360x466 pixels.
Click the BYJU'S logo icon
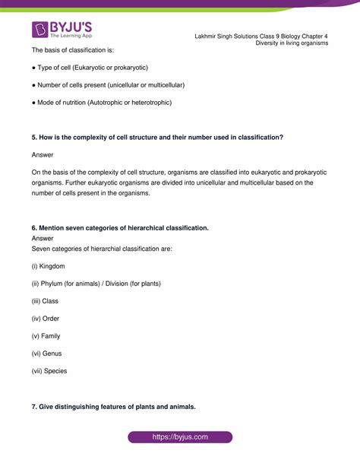[40, 30]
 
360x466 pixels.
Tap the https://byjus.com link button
[180, 437]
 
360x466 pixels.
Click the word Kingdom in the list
[52, 266]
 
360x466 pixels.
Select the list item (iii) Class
[45, 301]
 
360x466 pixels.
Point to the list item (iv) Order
[46, 319]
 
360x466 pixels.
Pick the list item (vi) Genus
[46, 353]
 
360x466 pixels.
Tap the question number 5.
[34, 137]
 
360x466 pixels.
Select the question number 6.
[34, 228]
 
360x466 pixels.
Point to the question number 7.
[34, 407]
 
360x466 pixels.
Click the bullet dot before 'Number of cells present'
[33, 84]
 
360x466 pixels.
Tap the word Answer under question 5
[43, 154]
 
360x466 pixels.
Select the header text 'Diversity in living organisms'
[292, 43]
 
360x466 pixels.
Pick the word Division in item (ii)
[127, 284]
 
